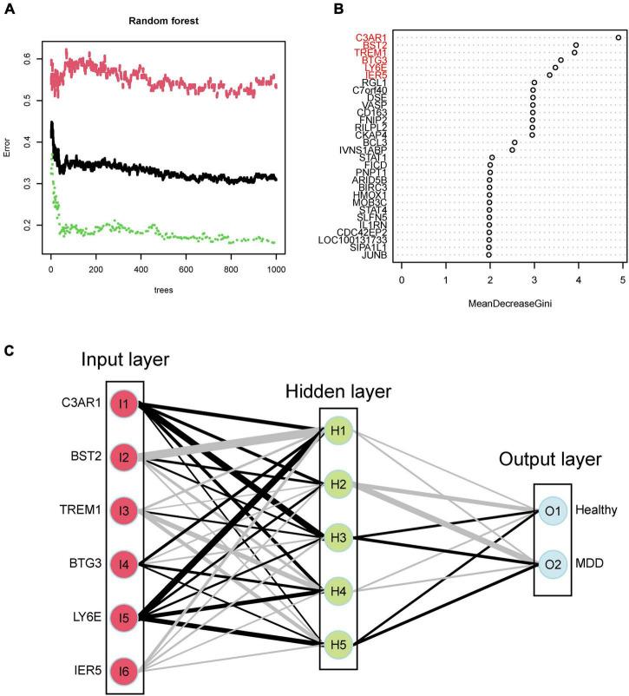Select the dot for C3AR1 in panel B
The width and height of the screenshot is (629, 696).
(x=618, y=37)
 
